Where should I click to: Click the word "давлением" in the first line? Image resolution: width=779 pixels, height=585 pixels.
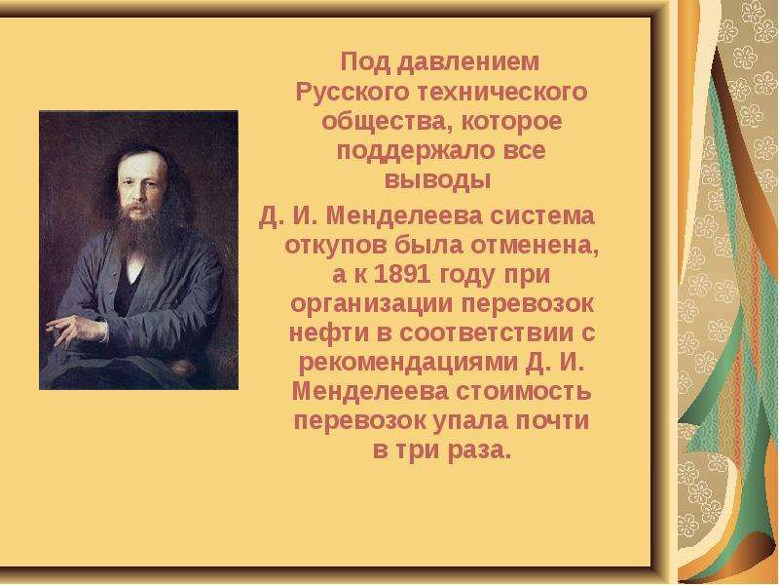pos(468,62)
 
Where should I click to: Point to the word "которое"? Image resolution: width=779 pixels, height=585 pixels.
pos(512,122)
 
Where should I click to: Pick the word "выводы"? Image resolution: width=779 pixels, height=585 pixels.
pos(437,180)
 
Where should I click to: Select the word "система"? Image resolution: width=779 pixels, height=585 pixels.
pos(542,216)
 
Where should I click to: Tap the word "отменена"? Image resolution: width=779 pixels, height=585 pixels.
pos(535,246)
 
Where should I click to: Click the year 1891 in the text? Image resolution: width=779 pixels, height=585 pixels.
pos(402,275)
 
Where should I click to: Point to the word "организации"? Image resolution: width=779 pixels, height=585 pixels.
pos(372,305)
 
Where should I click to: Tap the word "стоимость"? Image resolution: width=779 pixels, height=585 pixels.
pos(524,392)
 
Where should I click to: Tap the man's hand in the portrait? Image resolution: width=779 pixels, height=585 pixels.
pos(76,330)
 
